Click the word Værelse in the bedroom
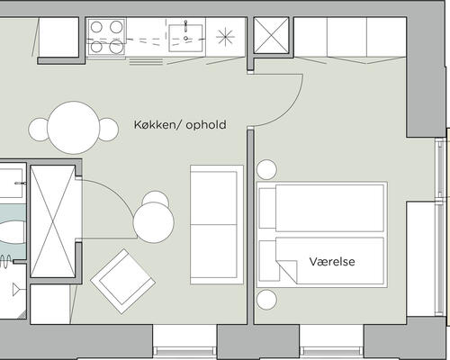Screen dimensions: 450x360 pyautogui.click(x=332, y=262)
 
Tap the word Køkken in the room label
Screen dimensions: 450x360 pyautogui.click(x=154, y=124)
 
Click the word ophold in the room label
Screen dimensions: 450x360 pyautogui.click(x=206, y=125)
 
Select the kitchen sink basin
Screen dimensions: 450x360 pyautogui.click(x=185, y=38)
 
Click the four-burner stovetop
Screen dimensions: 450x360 pyautogui.click(x=106, y=36)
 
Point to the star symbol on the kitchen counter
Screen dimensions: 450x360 pyautogui.click(x=225, y=37)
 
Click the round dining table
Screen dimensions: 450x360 pyautogui.click(x=74, y=128)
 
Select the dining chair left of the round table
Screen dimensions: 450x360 pyautogui.click(x=39, y=130)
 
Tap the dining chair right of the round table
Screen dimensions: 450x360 pyautogui.click(x=109, y=130)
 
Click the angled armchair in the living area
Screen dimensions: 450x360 pyautogui.click(x=123, y=281)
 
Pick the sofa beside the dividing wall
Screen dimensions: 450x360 pyautogui.click(x=217, y=225)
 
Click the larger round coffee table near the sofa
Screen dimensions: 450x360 pyautogui.click(x=154, y=222)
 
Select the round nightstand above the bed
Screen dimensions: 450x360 pyautogui.click(x=266, y=170)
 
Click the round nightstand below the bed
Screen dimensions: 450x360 pyautogui.click(x=266, y=300)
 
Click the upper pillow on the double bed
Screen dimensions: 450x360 pyautogui.click(x=267, y=208)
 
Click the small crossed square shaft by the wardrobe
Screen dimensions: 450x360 pyautogui.click(x=271, y=36)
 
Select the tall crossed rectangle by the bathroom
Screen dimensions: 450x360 pyautogui.click(x=53, y=221)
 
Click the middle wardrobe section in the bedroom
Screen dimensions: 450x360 pyautogui.click(x=346, y=37)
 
